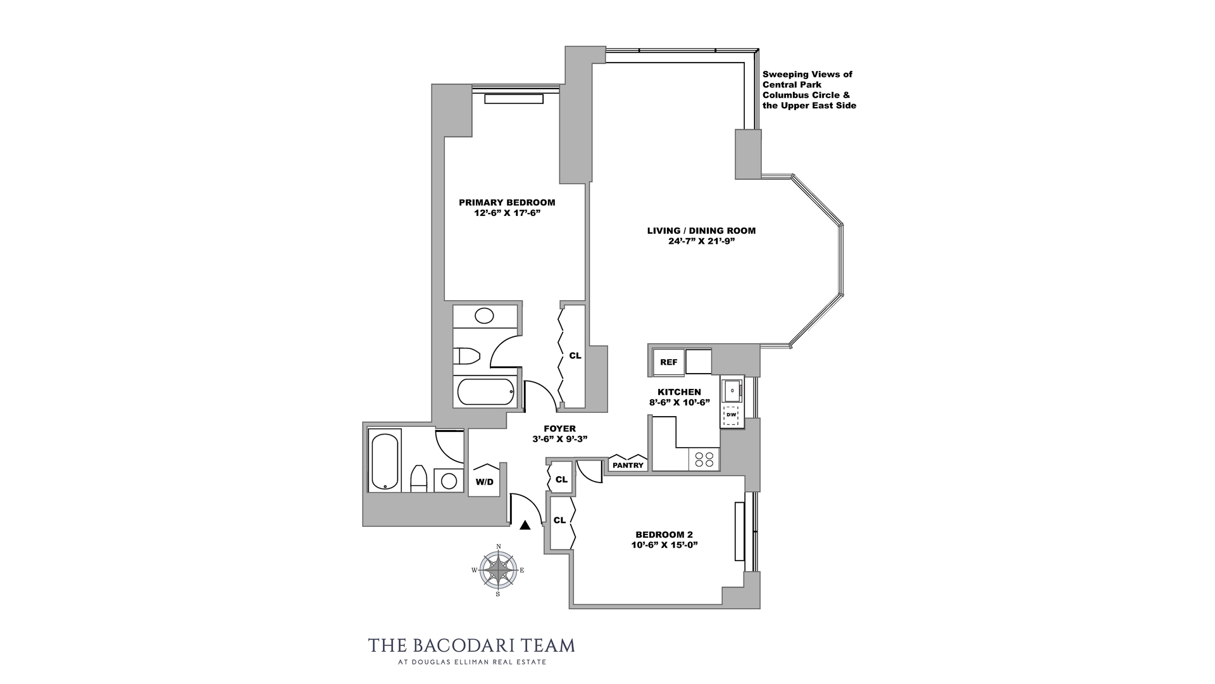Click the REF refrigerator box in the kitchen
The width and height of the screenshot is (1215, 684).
pos(669,362)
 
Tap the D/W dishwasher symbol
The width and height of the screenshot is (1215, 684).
pos(732,415)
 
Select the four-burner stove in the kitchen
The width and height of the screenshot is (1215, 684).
pos(704,459)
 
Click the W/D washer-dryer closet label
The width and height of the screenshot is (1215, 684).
pos(485,482)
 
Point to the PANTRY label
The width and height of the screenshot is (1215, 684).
pos(628,465)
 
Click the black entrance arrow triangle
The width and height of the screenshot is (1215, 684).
pos(525,525)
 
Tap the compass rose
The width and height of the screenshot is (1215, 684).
pos(498,570)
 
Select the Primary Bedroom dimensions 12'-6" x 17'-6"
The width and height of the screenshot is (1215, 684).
pos(507,213)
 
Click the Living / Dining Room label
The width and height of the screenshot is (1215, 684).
pos(701,231)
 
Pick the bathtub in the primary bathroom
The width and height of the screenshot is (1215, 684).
pos(486,392)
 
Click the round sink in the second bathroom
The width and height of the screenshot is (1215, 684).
pos(449,481)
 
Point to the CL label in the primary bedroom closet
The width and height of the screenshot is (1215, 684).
pos(575,356)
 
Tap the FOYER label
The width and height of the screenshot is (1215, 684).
pos(559,429)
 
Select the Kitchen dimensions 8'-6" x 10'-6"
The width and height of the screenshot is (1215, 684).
pos(679,402)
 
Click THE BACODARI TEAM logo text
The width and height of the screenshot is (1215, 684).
pos(471,645)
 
